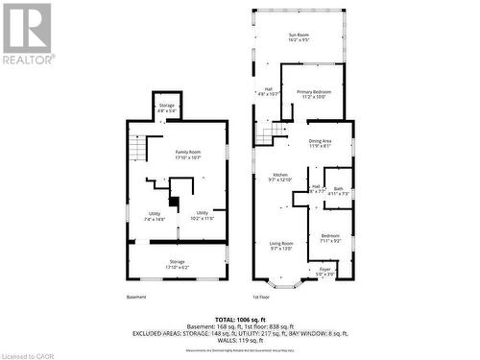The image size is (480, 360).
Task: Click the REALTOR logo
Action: point(28,33)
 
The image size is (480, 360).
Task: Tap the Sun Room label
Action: point(299,38)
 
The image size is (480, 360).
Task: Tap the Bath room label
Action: point(338,191)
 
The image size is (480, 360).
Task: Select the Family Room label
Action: point(187,155)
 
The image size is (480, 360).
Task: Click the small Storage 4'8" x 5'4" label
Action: point(167,108)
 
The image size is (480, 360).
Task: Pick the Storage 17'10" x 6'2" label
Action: point(176,264)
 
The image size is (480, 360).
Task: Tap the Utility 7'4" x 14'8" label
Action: point(155,217)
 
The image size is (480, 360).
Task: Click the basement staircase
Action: point(138,148)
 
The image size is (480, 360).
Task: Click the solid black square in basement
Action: point(173,202)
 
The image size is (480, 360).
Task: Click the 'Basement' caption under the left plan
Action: point(136,297)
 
